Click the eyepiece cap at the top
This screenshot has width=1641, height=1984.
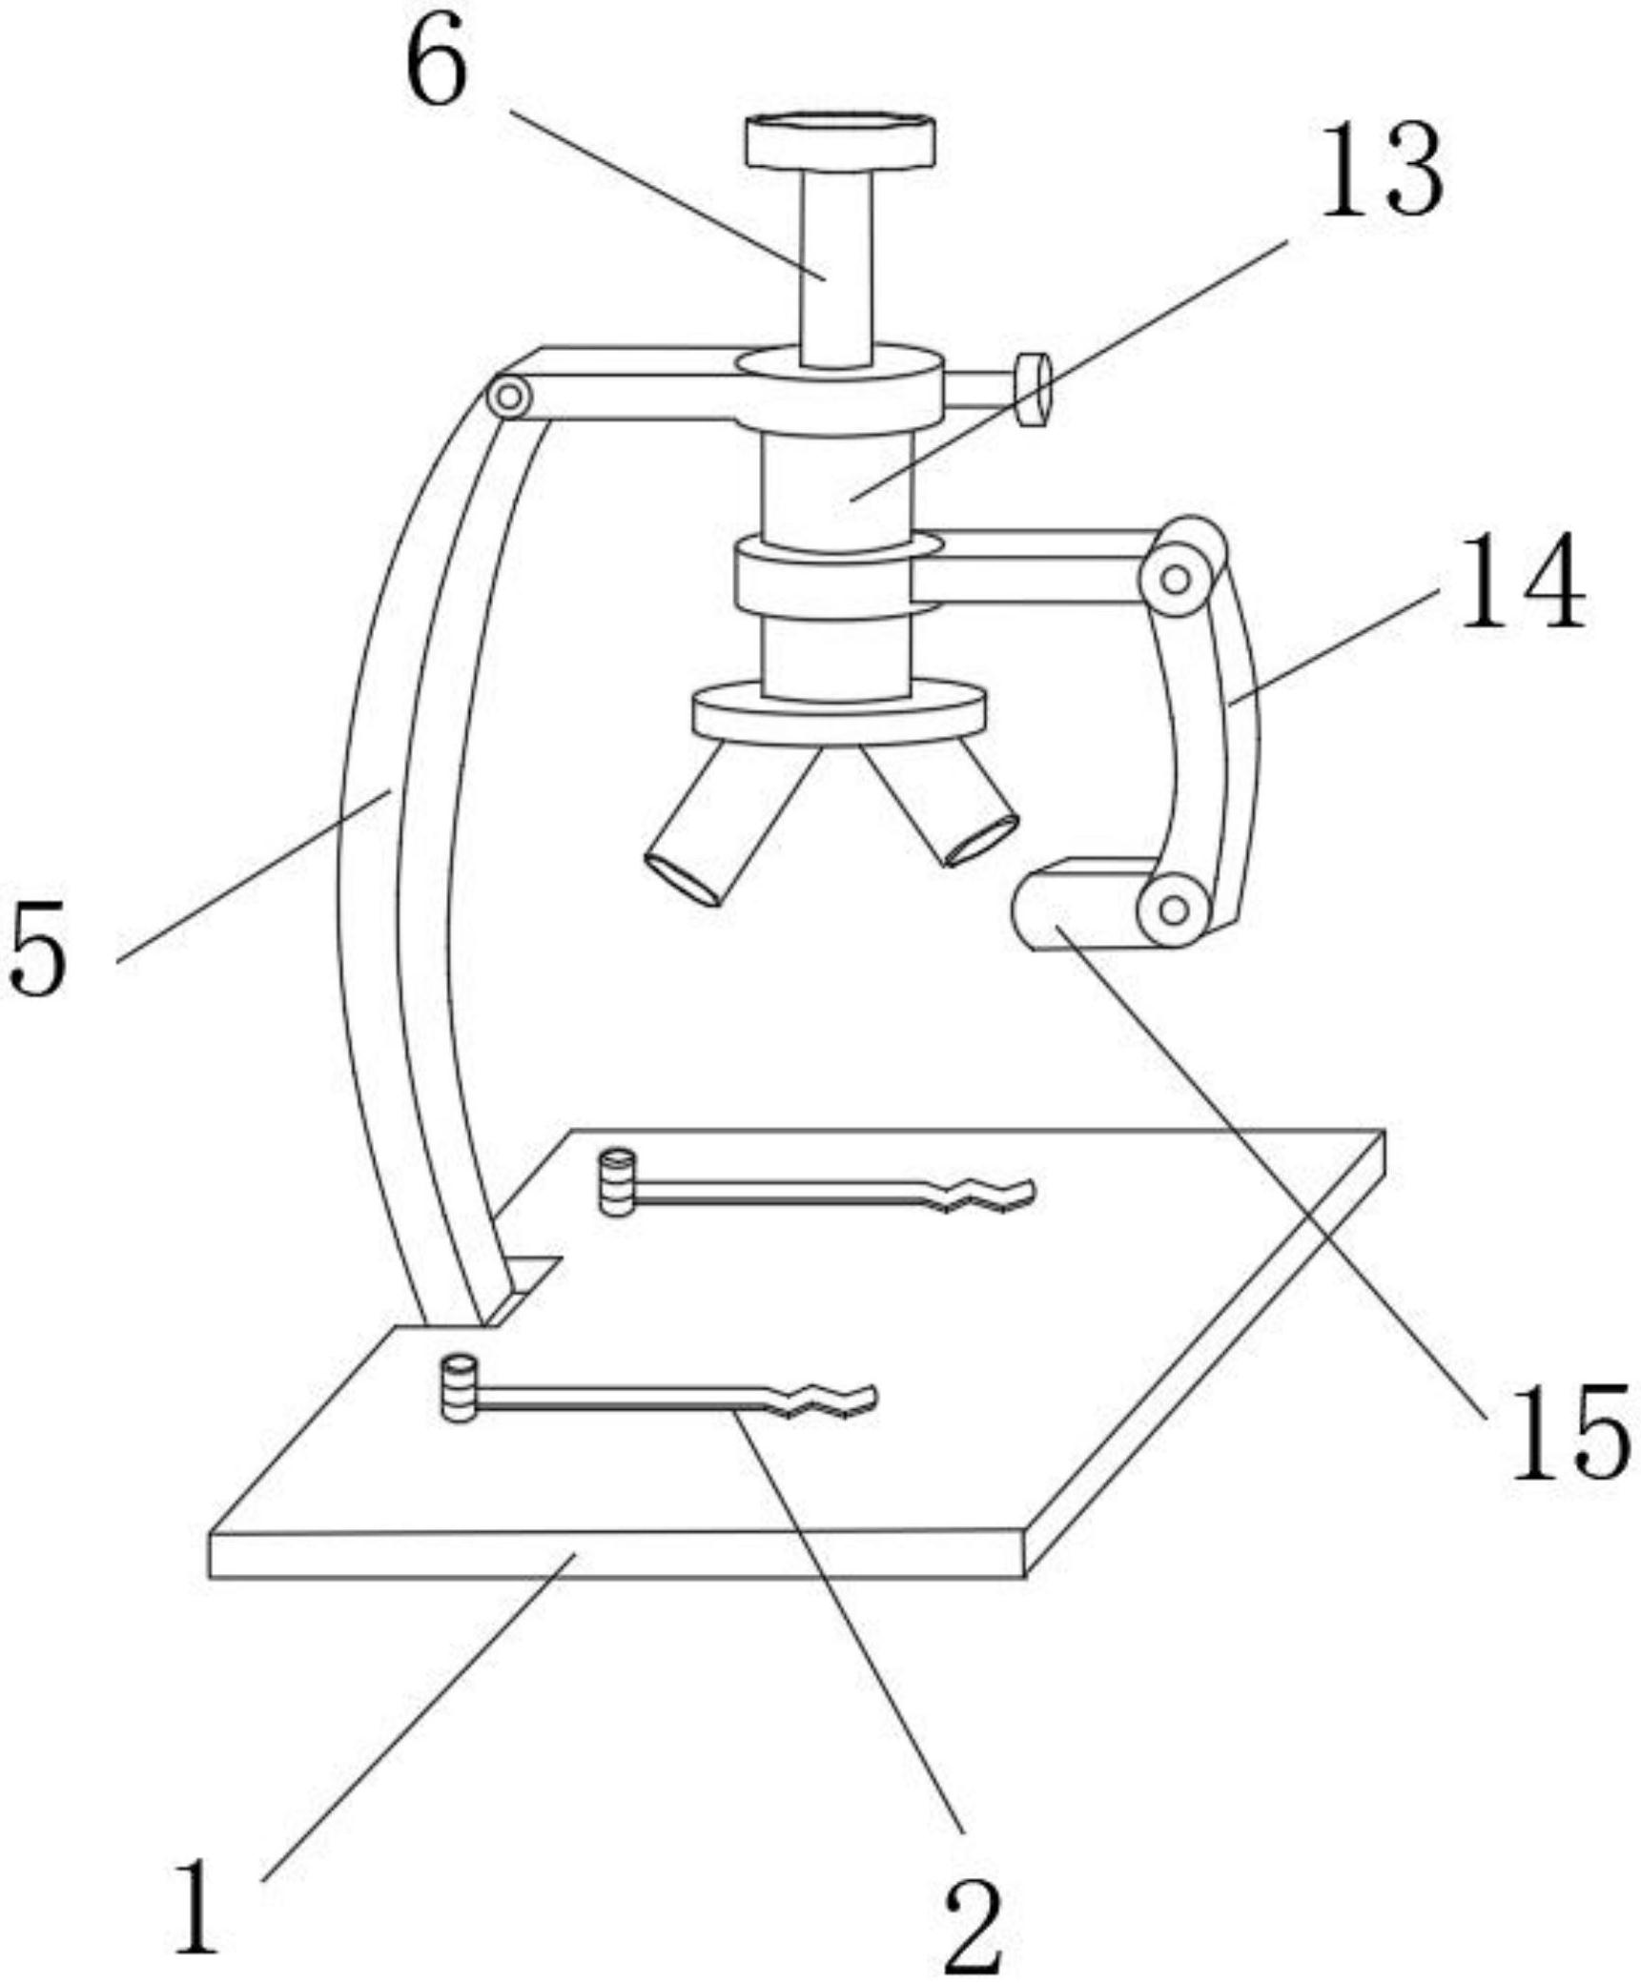839,142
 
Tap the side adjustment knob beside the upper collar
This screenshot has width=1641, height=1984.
1033,389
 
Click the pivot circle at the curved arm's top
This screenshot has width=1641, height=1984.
510,396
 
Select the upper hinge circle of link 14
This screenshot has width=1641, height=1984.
1177,579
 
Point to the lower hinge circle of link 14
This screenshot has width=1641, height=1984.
1175,910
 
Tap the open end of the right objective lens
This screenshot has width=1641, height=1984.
981,840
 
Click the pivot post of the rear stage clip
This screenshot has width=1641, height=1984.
617,1182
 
